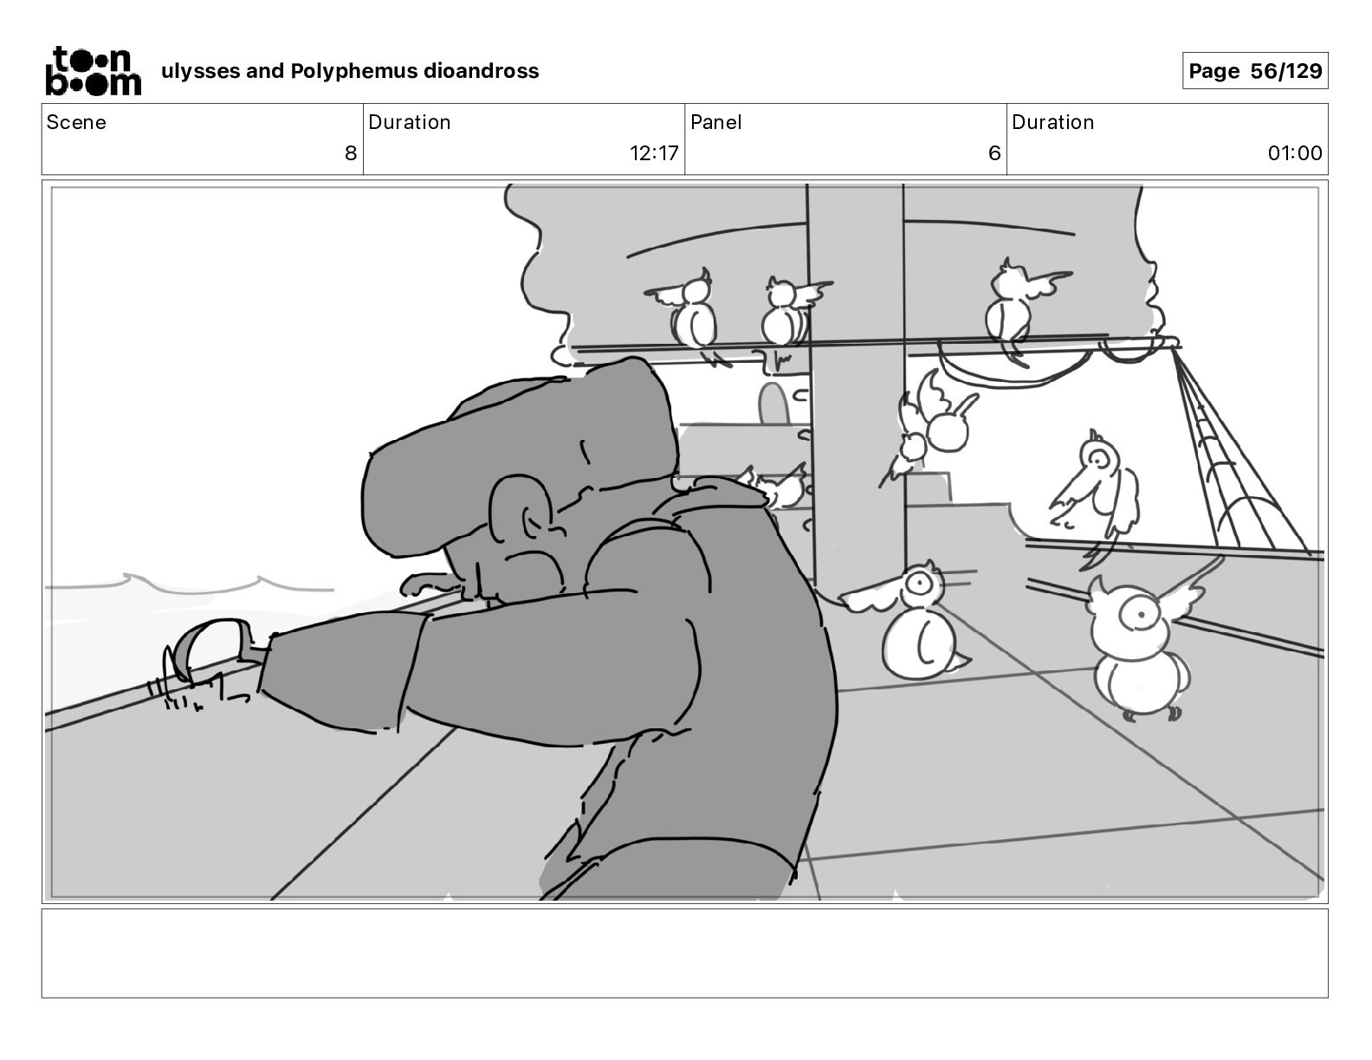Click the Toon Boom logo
(x=93, y=70)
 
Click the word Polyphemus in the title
(x=353, y=71)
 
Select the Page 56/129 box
(x=1254, y=71)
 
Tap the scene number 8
(x=350, y=153)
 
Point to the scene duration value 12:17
(x=654, y=153)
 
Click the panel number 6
(x=994, y=153)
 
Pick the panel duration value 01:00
(x=1295, y=153)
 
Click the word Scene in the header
(x=76, y=122)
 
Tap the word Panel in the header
(x=715, y=122)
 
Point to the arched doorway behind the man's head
(x=772, y=404)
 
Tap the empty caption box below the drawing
(x=684, y=953)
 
